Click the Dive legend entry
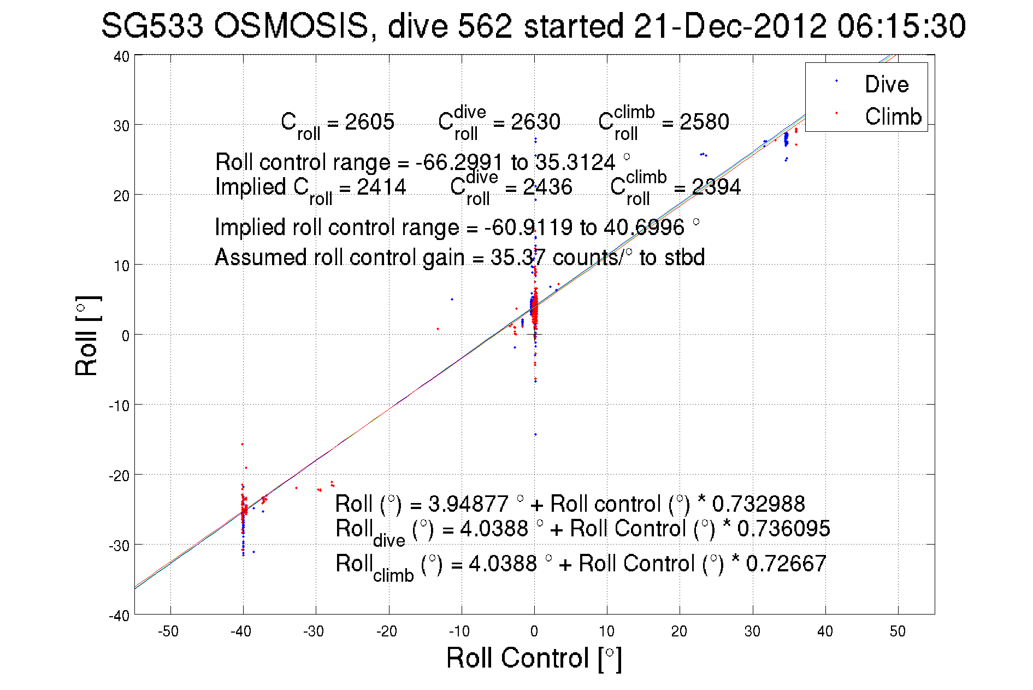pos(886,84)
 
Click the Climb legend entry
pos(893,116)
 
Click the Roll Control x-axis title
pos(534,658)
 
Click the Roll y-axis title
pos(87,336)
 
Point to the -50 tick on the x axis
pos(169,631)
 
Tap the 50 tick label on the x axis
pos(898,631)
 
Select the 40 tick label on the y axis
pos(121,56)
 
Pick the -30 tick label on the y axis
pos(119,546)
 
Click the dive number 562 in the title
pos(485,26)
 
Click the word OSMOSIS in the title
pos(291,26)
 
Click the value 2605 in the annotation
pos(369,121)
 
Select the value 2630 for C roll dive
pos(535,121)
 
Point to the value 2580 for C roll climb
pos(704,121)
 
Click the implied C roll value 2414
pos(381,187)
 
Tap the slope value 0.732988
pos(758,504)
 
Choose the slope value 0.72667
pos(786,564)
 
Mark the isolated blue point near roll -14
pos(535,435)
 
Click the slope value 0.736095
pos(783,529)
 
